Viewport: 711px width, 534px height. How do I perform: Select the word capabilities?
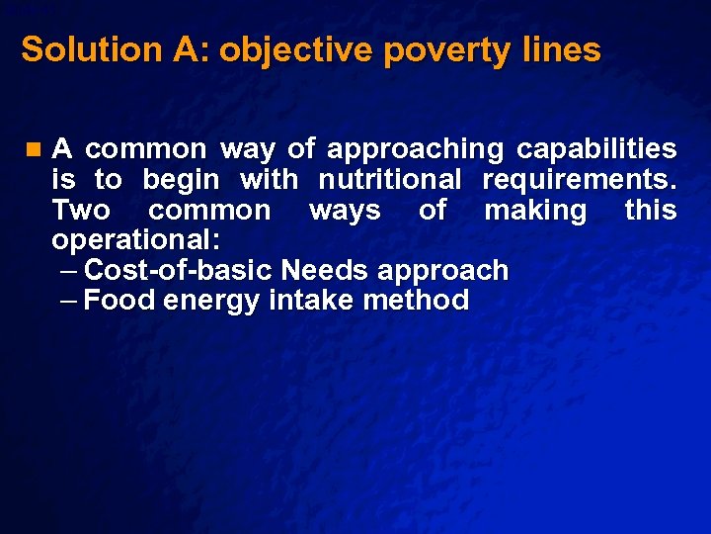[597, 149]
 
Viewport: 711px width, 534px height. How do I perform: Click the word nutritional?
[389, 180]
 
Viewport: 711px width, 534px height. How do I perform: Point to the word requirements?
[579, 180]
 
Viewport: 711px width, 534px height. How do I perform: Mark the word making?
[535, 211]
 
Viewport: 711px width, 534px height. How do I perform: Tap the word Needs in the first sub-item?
[326, 270]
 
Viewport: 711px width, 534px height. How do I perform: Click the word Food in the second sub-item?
[119, 300]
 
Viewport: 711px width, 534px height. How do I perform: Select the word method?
[416, 300]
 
